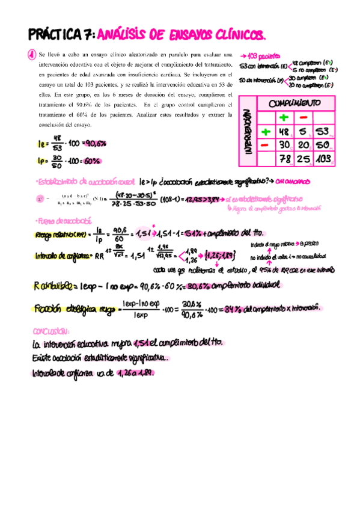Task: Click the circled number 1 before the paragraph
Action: [30, 55]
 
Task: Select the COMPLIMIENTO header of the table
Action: [294, 103]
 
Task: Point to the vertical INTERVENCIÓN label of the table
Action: [248, 131]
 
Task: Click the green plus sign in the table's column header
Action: [284, 117]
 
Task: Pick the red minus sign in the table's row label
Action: [265, 145]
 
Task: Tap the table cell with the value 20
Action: [304, 146]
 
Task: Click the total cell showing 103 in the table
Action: [324, 159]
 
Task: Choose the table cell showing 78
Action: [284, 159]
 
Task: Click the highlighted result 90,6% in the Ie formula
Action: [94, 144]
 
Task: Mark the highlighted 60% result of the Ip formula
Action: [90, 161]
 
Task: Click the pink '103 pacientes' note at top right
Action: [260, 53]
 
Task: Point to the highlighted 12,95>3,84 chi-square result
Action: [201, 199]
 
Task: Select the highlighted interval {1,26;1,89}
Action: [219, 256]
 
